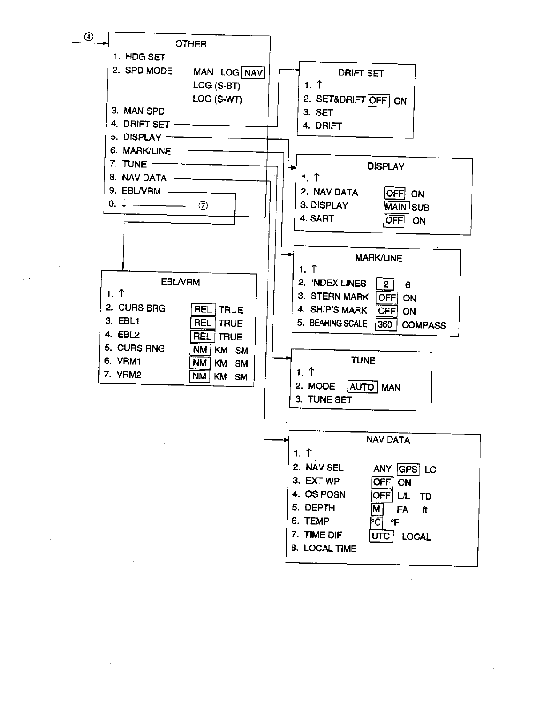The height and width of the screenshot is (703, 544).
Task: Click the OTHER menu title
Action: (x=191, y=44)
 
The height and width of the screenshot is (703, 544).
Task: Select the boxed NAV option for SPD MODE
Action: (x=253, y=72)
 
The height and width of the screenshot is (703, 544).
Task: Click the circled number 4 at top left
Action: (x=89, y=37)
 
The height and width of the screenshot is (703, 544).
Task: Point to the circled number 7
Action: (x=203, y=205)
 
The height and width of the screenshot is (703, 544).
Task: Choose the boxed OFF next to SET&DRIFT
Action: (x=378, y=100)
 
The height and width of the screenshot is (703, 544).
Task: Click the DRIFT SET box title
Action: (x=361, y=73)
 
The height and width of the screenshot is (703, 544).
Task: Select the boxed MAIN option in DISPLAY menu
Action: (x=396, y=207)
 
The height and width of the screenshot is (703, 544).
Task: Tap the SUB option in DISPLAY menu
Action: (x=420, y=208)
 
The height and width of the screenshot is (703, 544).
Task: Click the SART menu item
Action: (x=322, y=218)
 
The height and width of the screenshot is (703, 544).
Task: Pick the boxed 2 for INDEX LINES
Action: (x=385, y=284)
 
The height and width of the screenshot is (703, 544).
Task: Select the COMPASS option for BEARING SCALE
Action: (x=424, y=325)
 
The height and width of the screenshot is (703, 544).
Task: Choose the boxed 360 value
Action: (x=385, y=324)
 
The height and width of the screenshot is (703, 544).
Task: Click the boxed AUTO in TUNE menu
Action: (x=362, y=387)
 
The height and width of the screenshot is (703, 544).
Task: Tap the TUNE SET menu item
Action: (x=329, y=399)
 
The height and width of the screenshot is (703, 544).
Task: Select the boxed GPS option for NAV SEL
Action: (x=408, y=469)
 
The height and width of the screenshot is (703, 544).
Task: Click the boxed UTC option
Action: (x=381, y=536)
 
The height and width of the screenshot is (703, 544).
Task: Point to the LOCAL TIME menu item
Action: (x=330, y=549)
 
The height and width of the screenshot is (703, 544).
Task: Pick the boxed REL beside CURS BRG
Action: (x=203, y=309)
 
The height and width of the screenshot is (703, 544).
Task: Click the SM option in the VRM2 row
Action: (x=241, y=377)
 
